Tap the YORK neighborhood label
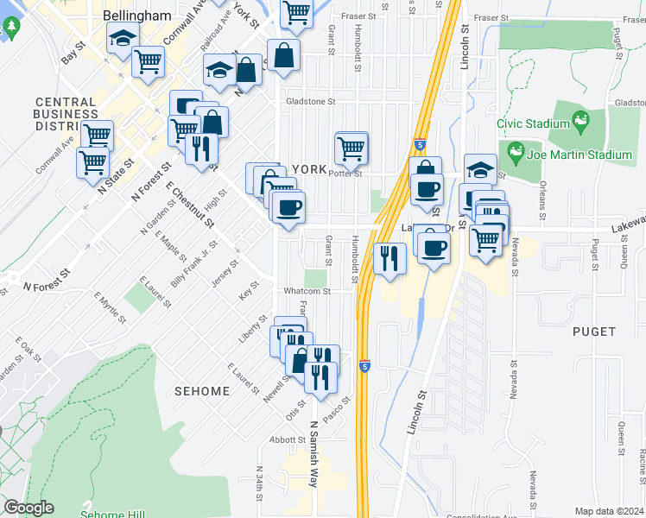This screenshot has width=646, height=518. (x=311, y=170)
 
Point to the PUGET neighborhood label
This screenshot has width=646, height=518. (x=593, y=332)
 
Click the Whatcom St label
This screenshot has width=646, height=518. (x=307, y=292)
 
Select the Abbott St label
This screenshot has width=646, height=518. (x=283, y=439)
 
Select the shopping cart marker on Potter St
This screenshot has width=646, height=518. (x=351, y=148)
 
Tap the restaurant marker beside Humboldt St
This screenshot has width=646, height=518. (x=389, y=258)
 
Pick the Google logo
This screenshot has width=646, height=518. (x=28, y=509)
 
